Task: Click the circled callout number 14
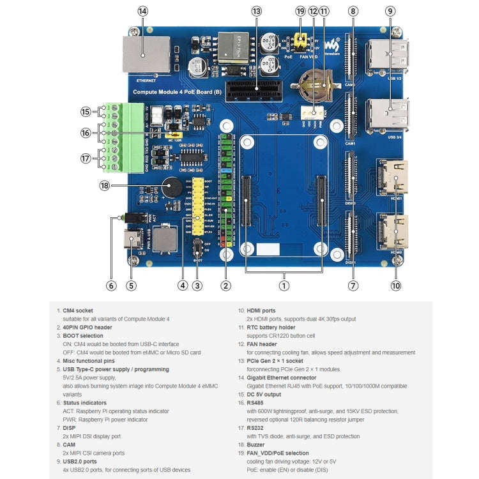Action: (142, 11)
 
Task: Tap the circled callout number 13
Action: (257, 11)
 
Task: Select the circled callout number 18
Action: (105, 185)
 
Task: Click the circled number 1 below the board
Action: (284, 285)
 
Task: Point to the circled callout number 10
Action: (396, 285)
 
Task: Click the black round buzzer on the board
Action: (170, 187)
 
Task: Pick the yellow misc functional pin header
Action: (199, 204)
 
